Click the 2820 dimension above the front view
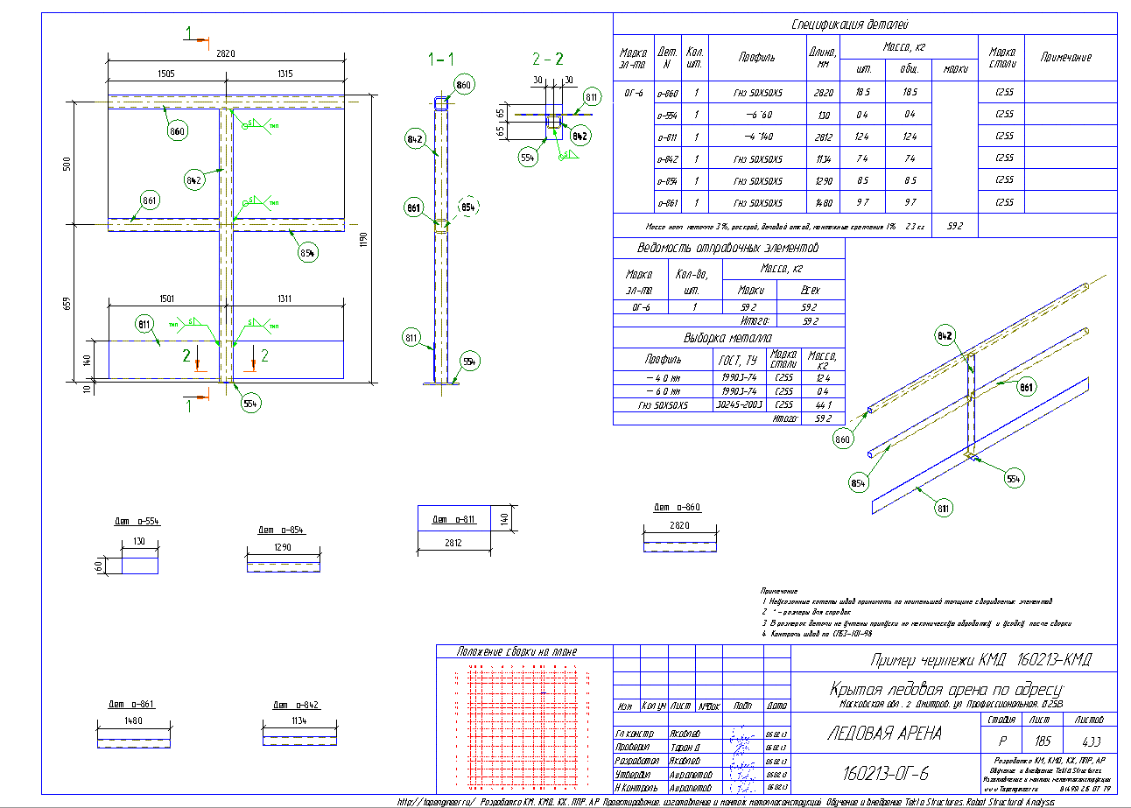[x=225, y=53]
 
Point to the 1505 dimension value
[x=165, y=74]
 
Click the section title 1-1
[x=440, y=59]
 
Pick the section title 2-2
[x=548, y=59]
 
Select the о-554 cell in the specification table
[x=668, y=115]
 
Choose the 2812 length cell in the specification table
[x=820, y=137]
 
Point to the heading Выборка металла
[x=728, y=338]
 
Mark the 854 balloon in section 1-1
[x=468, y=207]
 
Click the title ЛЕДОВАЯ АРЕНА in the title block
[x=884, y=734]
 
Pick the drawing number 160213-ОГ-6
[x=884, y=774]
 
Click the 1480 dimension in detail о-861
[x=132, y=722]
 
